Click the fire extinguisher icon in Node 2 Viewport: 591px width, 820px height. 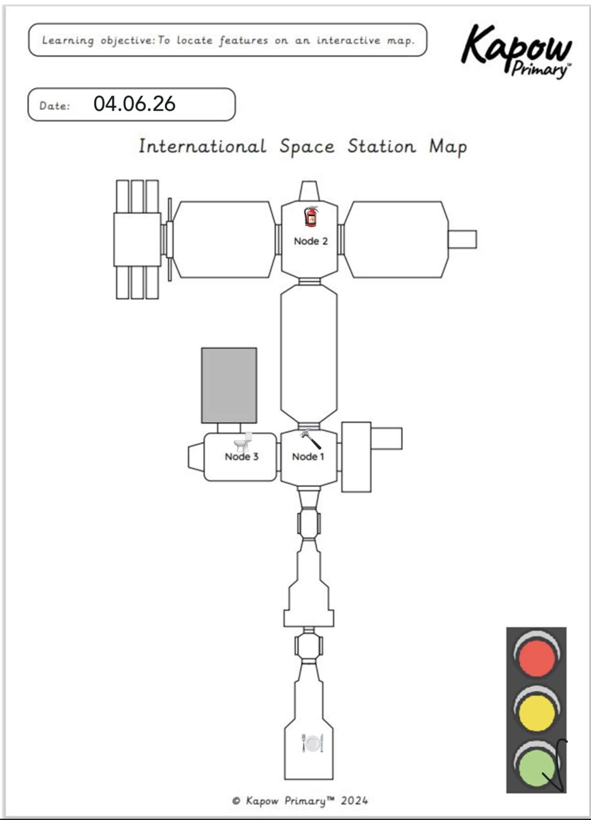click(x=311, y=216)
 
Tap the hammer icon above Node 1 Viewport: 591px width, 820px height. click(x=310, y=439)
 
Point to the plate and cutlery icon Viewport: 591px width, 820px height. click(x=312, y=743)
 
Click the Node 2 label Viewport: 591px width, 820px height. click(x=310, y=241)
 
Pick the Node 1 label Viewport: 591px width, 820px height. click(x=308, y=457)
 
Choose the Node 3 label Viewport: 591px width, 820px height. click(x=241, y=457)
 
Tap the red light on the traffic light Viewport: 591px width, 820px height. click(x=537, y=655)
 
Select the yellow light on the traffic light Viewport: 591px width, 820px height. click(x=537, y=711)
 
